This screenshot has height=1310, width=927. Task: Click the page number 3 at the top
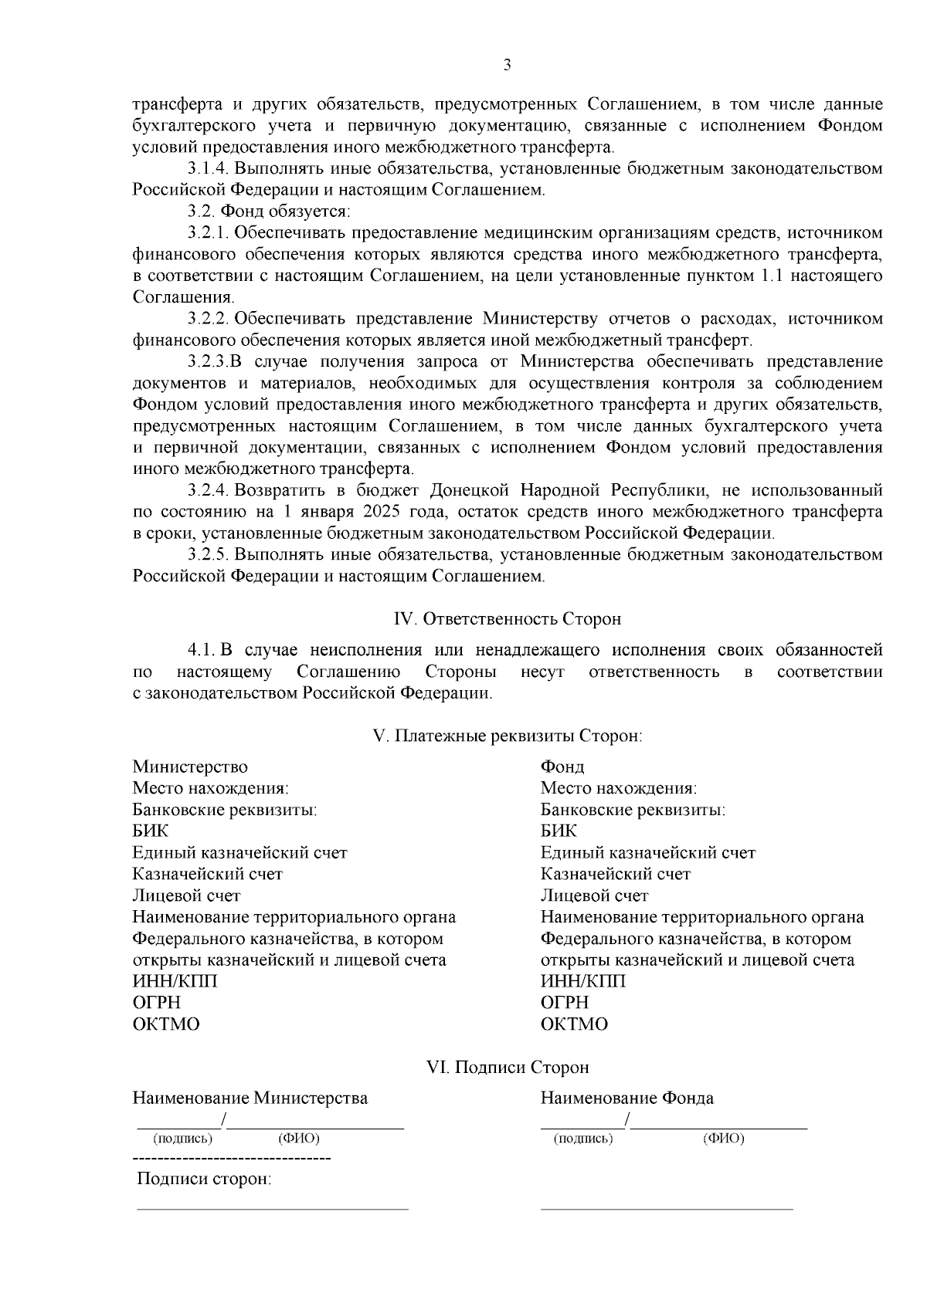click(507, 65)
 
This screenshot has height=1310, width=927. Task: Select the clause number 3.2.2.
click(208, 319)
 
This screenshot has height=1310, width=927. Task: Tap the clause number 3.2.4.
click(208, 490)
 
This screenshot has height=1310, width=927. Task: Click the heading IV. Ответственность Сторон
click(508, 619)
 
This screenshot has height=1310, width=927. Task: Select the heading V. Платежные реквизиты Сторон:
click(508, 736)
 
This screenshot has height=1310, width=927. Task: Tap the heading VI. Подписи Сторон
click(508, 1068)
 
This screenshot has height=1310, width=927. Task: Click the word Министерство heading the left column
click(190, 767)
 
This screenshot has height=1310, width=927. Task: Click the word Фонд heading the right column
click(562, 767)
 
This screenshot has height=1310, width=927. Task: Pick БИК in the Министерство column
click(150, 831)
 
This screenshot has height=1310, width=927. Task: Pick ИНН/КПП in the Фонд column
click(582, 981)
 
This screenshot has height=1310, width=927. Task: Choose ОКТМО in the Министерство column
click(166, 1024)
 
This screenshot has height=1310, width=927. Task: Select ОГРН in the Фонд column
click(565, 1003)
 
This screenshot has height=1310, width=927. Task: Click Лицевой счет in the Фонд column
click(594, 895)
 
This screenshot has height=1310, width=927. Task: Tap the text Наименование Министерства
click(250, 1098)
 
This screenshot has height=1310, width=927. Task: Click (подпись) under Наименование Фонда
click(584, 1139)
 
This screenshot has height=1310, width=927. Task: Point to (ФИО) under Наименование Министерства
click(298, 1139)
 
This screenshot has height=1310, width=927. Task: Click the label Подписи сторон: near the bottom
click(204, 1180)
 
